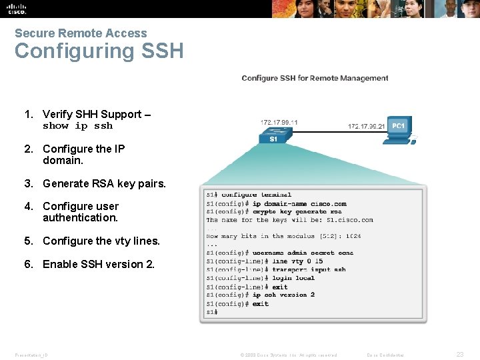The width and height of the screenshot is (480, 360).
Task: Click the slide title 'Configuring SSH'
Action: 99,51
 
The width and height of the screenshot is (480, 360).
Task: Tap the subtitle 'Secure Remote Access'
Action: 81,33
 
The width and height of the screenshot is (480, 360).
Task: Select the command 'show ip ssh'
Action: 77,126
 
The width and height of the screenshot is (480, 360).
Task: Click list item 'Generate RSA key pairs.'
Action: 104,183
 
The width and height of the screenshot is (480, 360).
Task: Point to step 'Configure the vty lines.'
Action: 101,241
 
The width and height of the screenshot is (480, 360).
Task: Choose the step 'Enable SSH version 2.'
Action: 98,264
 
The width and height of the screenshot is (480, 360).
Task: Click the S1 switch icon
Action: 273,135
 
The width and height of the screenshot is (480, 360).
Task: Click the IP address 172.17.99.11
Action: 279,123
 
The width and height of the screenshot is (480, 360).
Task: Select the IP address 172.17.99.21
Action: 366,125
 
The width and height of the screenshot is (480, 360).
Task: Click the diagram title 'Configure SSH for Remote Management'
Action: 315,78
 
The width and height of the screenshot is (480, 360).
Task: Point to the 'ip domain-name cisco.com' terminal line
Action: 299,203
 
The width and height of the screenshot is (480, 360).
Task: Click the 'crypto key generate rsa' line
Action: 297,212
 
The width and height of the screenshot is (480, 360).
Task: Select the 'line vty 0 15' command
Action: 287,261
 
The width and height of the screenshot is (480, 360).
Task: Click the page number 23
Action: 459,355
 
